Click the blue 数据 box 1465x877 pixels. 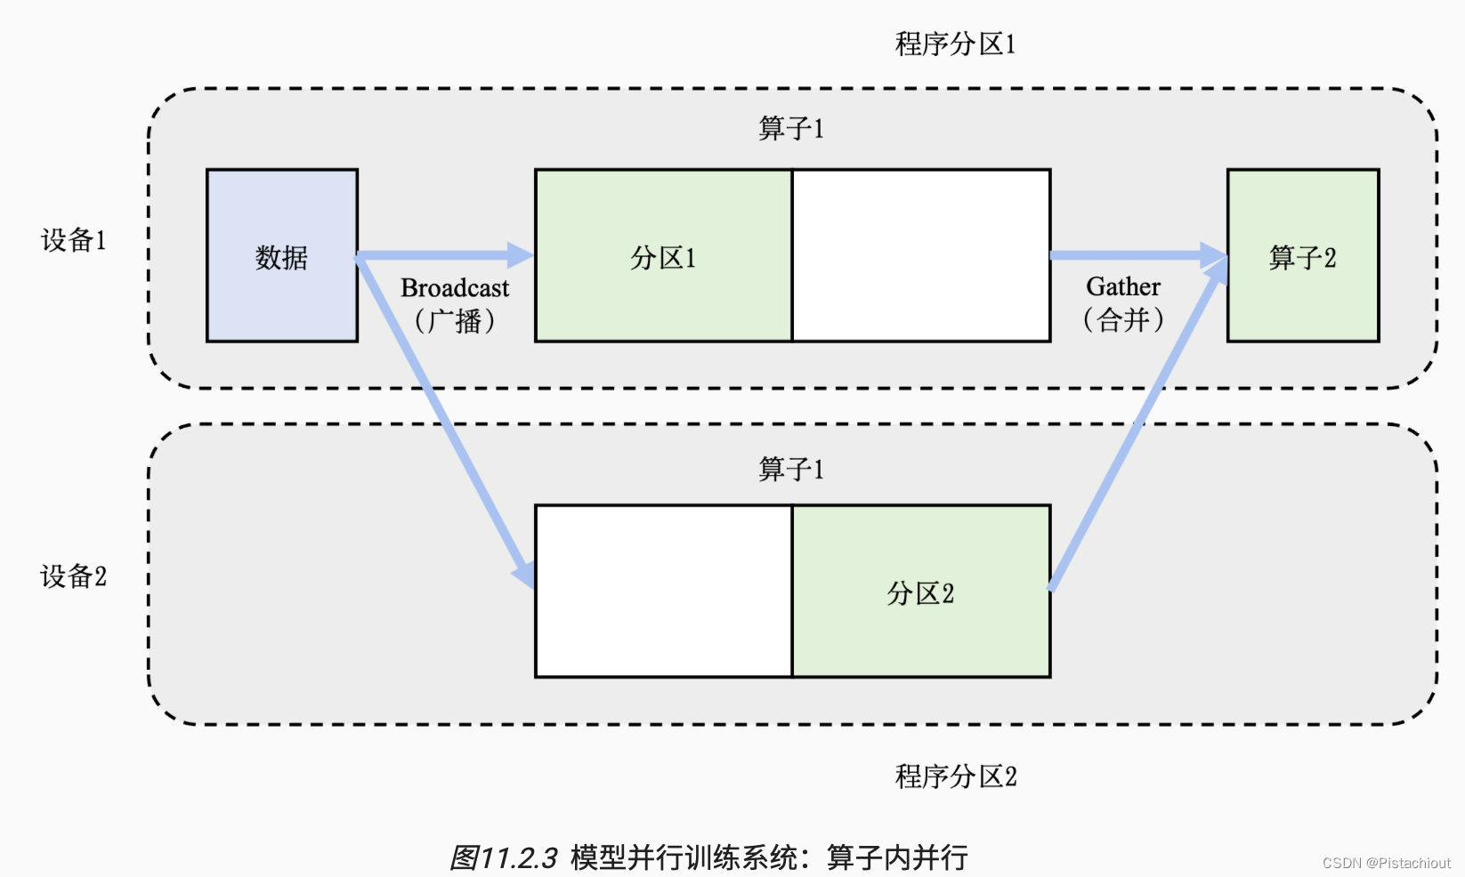click(281, 255)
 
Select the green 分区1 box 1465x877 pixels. click(663, 255)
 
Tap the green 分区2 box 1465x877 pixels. click(921, 591)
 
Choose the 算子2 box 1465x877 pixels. click(1302, 255)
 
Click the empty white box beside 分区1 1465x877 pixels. click(921, 255)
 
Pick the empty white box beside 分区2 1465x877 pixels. click(663, 591)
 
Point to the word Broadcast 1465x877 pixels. click(455, 288)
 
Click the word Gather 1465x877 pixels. click(1123, 286)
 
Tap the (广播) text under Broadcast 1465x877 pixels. click(455, 320)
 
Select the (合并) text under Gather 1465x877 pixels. click(1123, 319)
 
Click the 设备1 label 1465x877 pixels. click(73, 240)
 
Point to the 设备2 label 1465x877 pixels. click(73, 576)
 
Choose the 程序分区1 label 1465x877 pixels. click(955, 44)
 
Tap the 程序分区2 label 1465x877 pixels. click(955, 776)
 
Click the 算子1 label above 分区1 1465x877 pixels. click(791, 128)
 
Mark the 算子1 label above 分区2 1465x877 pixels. click(791, 469)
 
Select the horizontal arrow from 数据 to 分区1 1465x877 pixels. click(445, 256)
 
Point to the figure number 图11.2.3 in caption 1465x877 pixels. click(503, 858)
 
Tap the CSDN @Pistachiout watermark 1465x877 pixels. click(1386, 863)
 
